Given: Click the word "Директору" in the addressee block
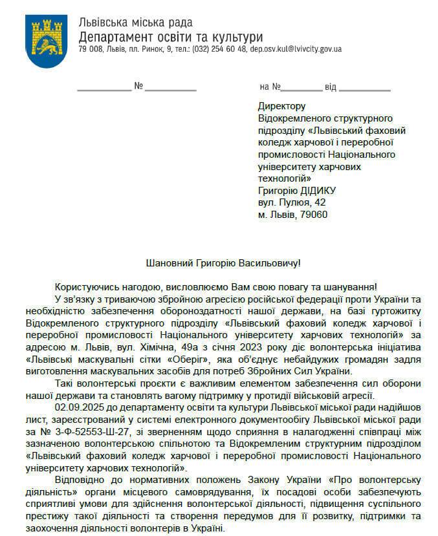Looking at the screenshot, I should point(281,106).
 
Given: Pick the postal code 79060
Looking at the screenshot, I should point(313,215).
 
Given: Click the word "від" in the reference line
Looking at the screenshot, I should point(331,87).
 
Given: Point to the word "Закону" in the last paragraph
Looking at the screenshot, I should point(283,479).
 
